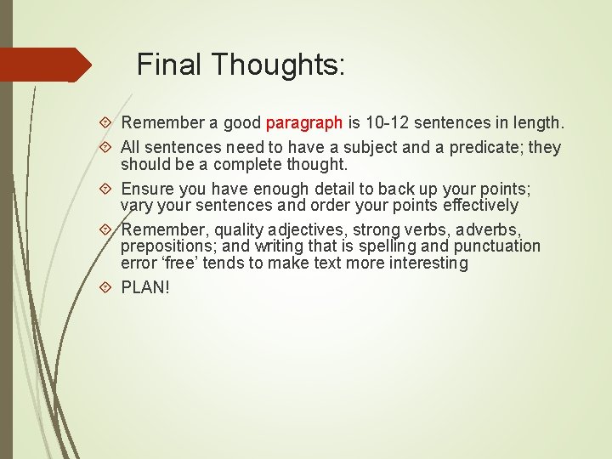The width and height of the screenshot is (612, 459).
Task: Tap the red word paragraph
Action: point(305,123)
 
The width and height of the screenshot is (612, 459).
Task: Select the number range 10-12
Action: point(390,123)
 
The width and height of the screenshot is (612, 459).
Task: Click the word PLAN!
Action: point(145,287)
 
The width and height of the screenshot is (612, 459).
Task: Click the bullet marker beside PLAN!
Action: point(105,287)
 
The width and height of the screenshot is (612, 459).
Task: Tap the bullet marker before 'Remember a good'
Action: point(105,124)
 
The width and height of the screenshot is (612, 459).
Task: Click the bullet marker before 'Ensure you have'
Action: point(105,189)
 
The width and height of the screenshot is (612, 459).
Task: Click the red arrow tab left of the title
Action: point(42,65)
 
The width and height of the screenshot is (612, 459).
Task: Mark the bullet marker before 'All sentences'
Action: point(105,148)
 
